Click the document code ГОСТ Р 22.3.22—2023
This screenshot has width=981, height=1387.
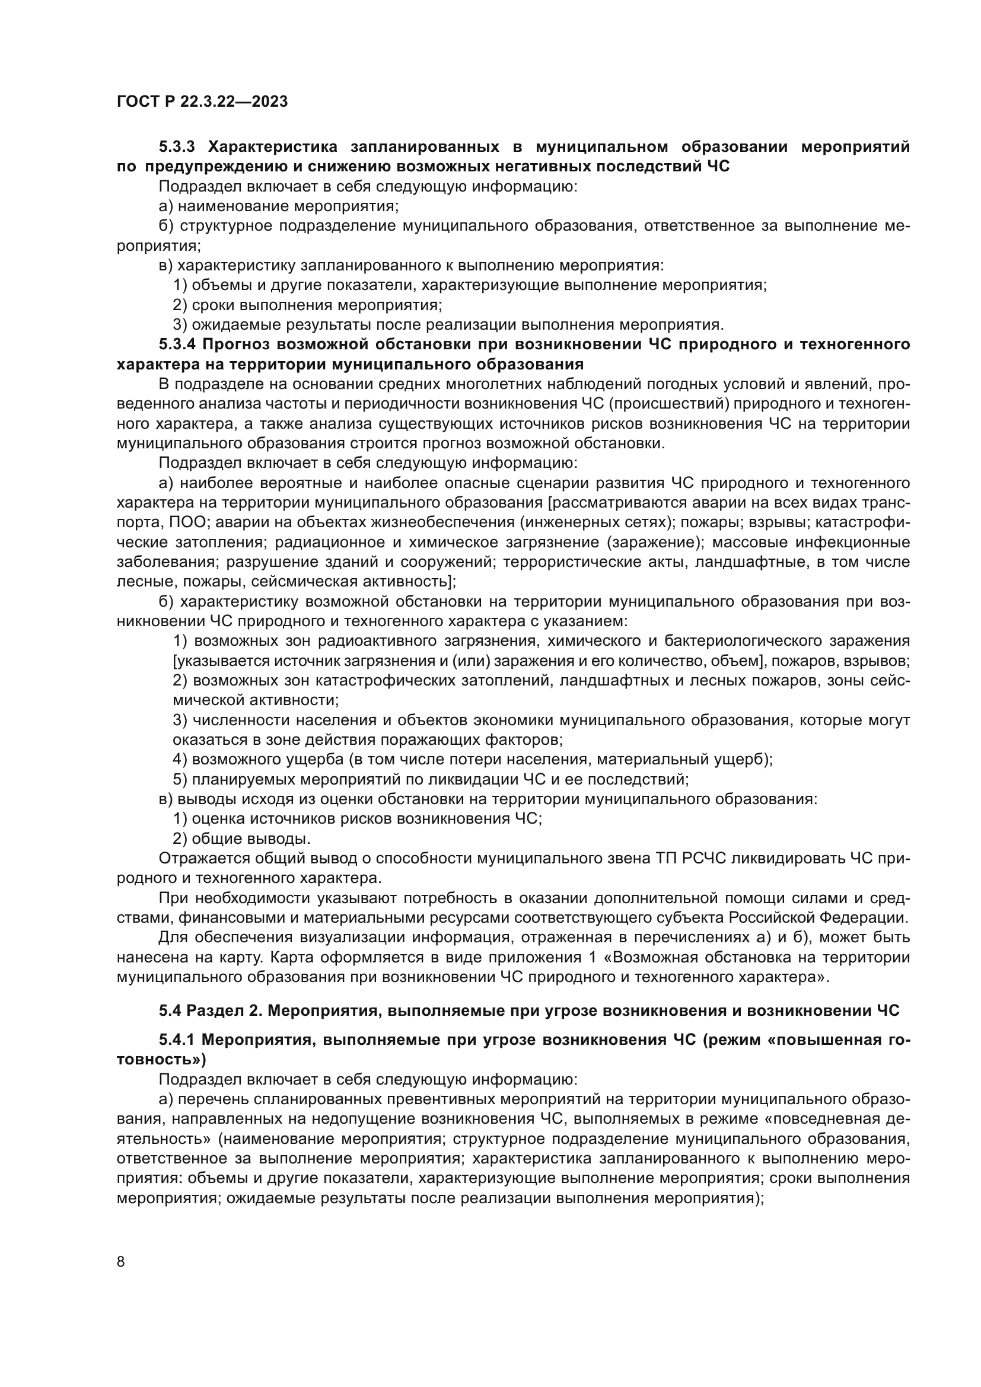(202, 101)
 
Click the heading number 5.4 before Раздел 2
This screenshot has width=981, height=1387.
(172, 1010)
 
